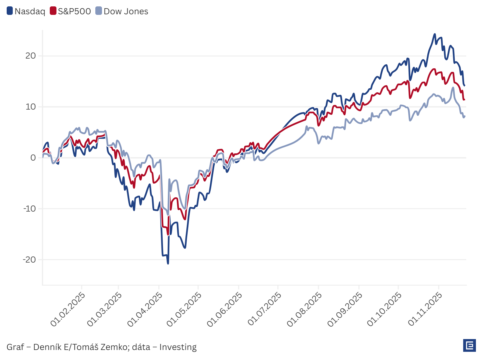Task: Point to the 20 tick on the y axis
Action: (31, 56)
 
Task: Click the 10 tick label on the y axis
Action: (31, 107)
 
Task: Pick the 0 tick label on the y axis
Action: (33, 158)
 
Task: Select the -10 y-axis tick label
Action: (29, 209)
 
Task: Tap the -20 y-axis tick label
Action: (29, 260)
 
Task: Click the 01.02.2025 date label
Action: (68, 309)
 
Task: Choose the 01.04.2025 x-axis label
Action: (144, 309)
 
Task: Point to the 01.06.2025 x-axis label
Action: (225, 309)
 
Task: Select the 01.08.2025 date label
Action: (304, 309)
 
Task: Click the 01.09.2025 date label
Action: (345, 309)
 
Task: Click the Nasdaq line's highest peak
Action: (435, 34)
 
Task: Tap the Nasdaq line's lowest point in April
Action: (168, 263)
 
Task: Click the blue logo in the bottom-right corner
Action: (469, 345)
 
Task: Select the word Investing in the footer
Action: (178, 347)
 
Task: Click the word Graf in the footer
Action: (15, 347)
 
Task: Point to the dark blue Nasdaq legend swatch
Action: (10, 11)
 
